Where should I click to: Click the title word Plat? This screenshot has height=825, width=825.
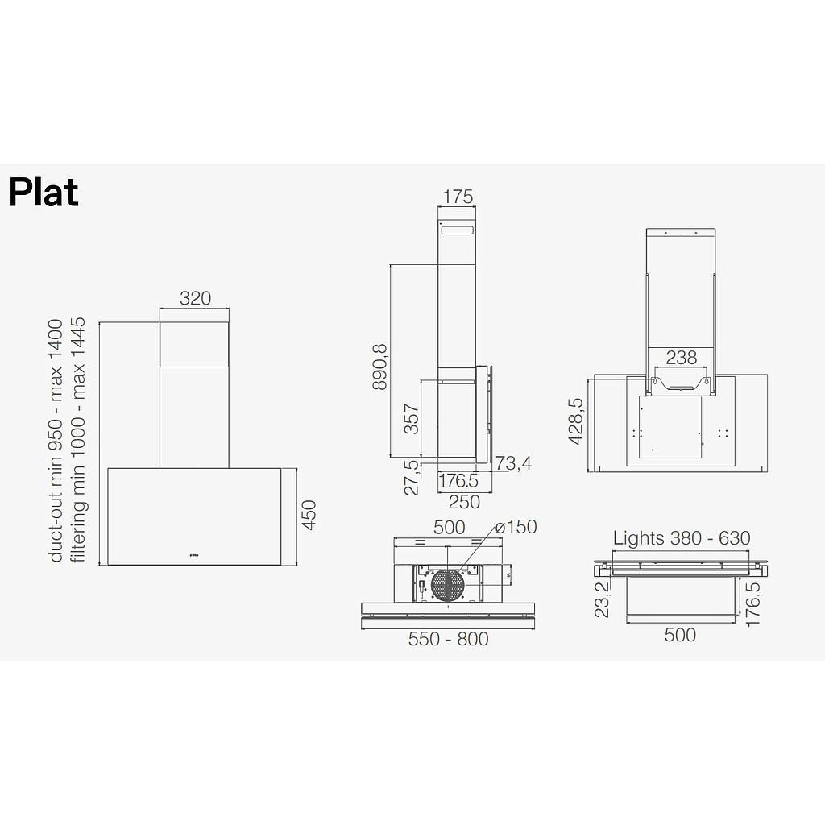click(44, 193)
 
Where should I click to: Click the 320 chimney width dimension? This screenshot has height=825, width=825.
click(195, 298)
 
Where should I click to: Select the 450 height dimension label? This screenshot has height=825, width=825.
click(309, 516)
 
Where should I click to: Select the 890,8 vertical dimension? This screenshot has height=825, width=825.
click(379, 367)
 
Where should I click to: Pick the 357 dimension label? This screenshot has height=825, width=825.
click(412, 419)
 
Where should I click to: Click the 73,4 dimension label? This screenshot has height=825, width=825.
click(512, 463)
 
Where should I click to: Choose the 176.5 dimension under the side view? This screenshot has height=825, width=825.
click(458, 482)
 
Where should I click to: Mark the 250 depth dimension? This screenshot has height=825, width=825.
click(463, 502)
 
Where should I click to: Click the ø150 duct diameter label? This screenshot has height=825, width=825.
click(516, 527)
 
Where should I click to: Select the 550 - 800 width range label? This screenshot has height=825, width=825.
click(448, 639)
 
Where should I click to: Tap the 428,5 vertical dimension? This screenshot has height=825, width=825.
click(575, 421)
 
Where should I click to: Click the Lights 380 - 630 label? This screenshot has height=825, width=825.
click(682, 538)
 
